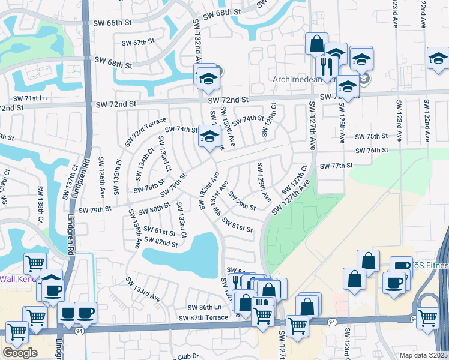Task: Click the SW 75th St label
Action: tap(371, 137)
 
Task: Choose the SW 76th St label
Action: tap(371, 151)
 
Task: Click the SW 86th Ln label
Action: tap(204, 307)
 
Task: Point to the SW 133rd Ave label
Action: tap(143, 289)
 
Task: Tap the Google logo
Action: tap(20, 353)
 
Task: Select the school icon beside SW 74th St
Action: tap(209, 136)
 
